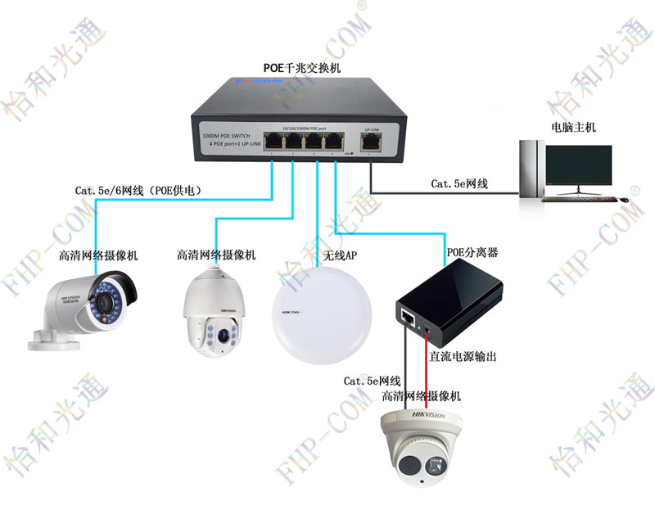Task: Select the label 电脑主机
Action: (x=573, y=128)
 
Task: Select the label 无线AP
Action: (x=341, y=256)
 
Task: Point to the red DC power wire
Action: (x=427, y=368)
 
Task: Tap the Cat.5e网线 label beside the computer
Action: (x=459, y=184)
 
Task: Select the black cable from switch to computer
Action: (x=442, y=194)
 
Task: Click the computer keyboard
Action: (x=580, y=197)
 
